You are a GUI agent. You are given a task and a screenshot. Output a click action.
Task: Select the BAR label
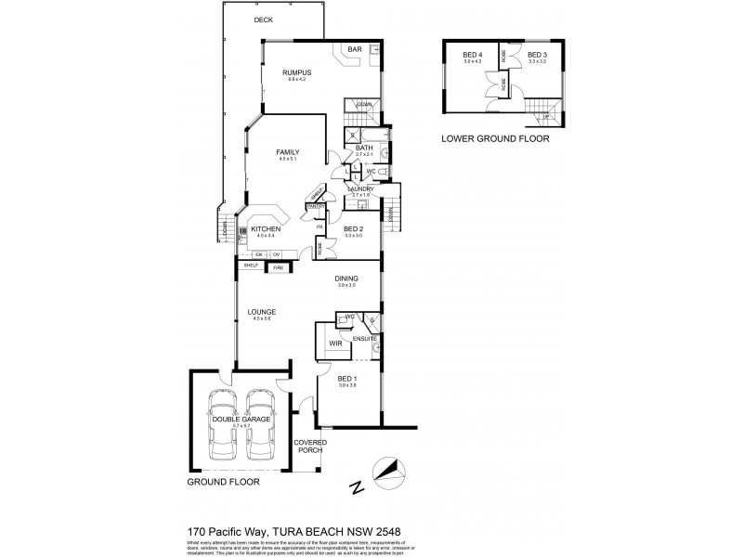click(354, 48)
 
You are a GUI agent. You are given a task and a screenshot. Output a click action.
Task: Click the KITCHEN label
click(266, 228)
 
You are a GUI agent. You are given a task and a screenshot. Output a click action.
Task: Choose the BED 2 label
click(354, 228)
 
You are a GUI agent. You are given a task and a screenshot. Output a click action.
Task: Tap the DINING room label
click(345, 278)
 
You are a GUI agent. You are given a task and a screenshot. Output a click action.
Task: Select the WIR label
click(335, 343)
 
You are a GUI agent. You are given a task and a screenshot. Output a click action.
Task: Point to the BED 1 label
click(346, 381)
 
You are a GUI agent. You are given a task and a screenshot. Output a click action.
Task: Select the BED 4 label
click(474, 56)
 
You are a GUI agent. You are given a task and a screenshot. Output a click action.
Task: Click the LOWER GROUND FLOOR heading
click(495, 138)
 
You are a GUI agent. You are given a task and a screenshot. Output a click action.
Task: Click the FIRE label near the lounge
click(277, 267)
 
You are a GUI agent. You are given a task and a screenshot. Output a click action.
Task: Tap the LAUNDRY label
click(359, 188)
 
